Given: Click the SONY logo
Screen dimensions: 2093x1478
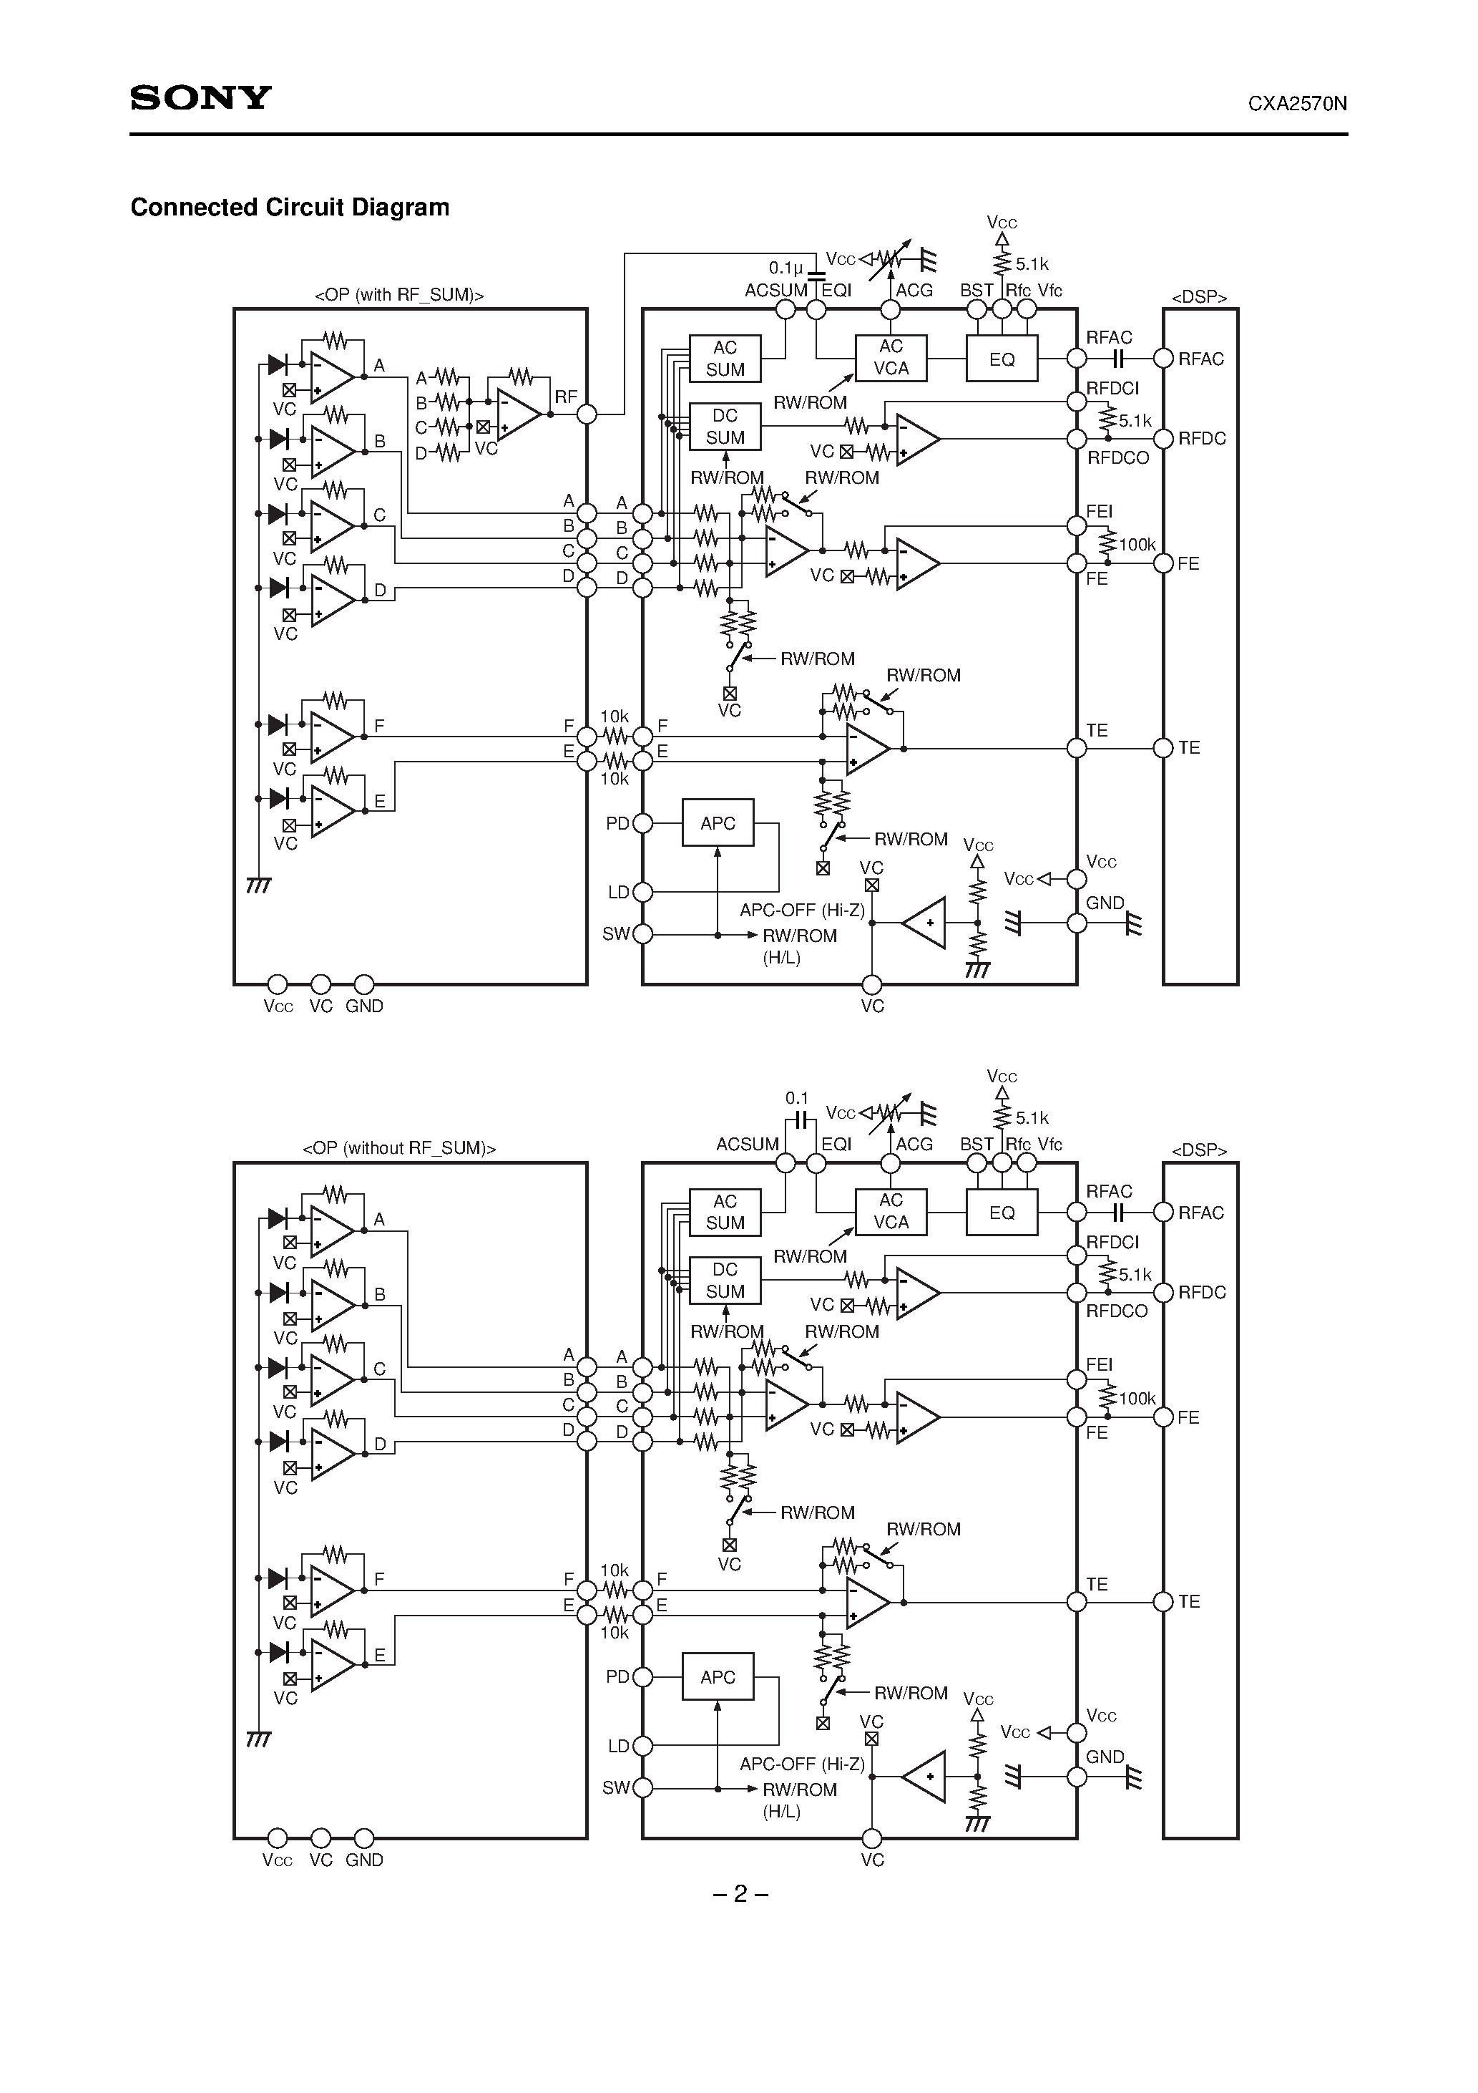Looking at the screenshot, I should [200, 97].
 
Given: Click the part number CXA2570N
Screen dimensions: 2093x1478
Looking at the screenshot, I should [1297, 104].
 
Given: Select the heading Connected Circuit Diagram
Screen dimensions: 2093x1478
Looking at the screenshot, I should [290, 208].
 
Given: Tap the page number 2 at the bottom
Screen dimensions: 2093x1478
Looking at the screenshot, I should [740, 1893].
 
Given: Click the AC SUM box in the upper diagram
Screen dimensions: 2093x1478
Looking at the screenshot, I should [725, 358].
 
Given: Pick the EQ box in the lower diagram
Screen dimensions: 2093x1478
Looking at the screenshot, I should [1002, 1213].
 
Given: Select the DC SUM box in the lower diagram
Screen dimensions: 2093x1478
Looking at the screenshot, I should [725, 1280].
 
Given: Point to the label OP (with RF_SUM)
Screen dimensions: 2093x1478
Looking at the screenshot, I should [399, 294].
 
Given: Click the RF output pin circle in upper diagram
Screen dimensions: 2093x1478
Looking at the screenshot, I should [587, 414].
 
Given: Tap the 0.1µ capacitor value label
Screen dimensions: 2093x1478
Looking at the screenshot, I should [786, 268].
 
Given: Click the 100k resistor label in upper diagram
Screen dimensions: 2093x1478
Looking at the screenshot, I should [1136, 545].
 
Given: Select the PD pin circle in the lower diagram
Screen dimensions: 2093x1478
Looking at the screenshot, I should [642, 1677].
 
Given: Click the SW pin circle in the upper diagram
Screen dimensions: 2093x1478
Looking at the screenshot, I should [642, 934].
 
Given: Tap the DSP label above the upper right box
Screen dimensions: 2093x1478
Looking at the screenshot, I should [1199, 297].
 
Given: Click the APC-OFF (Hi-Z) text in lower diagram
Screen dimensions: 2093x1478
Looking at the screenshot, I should [802, 1764].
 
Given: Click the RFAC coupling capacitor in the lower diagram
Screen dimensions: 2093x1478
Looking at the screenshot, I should [1120, 1213].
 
